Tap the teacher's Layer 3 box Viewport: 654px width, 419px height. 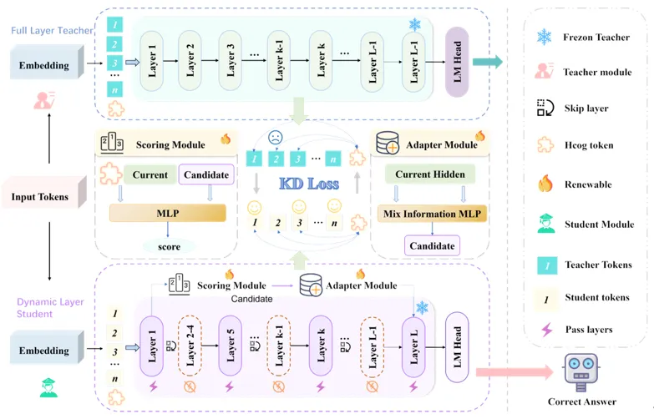(231, 61)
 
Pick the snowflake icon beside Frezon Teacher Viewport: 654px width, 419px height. (545, 37)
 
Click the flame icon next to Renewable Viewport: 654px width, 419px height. (545, 183)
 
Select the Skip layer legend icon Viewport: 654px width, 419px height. (545, 109)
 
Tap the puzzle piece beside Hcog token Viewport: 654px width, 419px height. (545, 145)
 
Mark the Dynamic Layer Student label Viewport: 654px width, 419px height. (50, 308)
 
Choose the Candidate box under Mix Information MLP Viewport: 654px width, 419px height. (432, 245)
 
